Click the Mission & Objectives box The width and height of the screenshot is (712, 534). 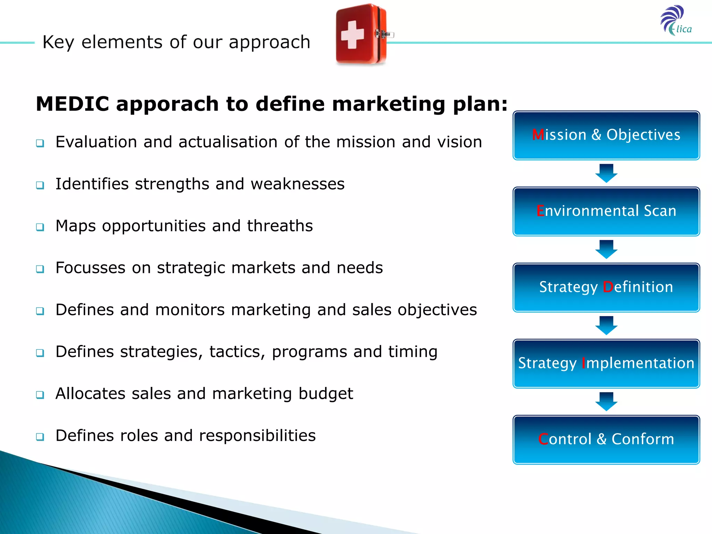(606, 136)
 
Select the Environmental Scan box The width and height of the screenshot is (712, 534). (606, 211)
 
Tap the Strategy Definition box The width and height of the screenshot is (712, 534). (606, 288)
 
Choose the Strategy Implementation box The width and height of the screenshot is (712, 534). (606, 364)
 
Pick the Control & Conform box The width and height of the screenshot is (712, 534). (606, 440)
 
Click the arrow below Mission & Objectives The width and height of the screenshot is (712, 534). (606, 173)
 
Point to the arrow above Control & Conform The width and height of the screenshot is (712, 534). (606, 402)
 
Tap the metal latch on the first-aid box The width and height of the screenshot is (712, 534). (384, 34)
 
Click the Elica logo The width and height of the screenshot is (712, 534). (676, 21)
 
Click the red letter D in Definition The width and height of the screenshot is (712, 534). (608, 287)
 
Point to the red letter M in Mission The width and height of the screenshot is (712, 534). (538, 135)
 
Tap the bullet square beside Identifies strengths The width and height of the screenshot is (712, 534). (40, 185)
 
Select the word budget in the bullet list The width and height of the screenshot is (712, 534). (326, 394)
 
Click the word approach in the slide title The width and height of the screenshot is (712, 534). (269, 42)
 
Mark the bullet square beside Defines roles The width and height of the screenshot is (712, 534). (40, 437)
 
